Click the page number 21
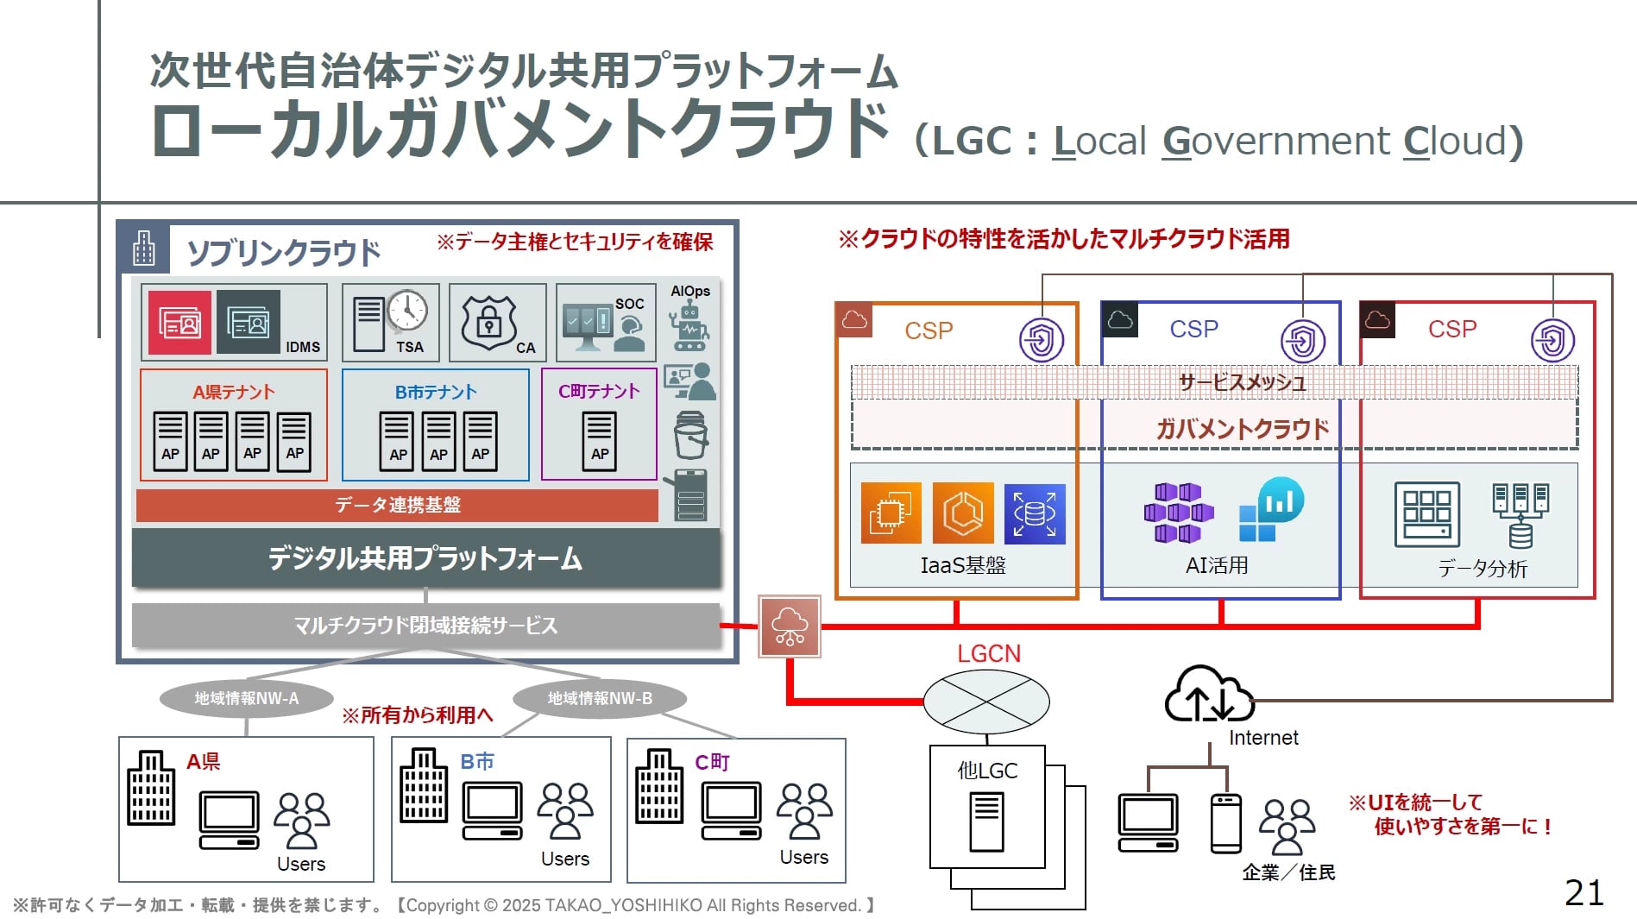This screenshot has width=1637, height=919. click(x=1583, y=892)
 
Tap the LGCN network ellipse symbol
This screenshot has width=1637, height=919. click(x=986, y=701)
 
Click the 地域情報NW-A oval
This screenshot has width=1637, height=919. click(x=247, y=698)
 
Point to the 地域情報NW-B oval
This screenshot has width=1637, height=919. click(x=600, y=698)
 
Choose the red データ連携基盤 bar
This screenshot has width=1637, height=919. click(x=397, y=505)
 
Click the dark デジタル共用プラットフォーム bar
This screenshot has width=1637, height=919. click(x=425, y=558)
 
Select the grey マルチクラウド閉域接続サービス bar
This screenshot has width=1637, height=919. click(x=425, y=625)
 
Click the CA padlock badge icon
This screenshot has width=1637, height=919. click(x=489, y=322)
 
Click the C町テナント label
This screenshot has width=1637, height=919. click(x=599, y=392)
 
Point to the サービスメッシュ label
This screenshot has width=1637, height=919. click(x=1242, y=382)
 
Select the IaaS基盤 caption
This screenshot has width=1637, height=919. click(x=963, y=565)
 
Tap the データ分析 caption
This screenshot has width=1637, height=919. click(x=1483, y=568)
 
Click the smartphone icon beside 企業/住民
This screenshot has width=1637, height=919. click(x=1225, y=823)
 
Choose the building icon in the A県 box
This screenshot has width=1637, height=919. click(x=151, y=788)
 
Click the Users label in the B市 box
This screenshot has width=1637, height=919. click(x=565, y=859)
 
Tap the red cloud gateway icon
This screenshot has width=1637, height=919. click(x=790, y=626)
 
